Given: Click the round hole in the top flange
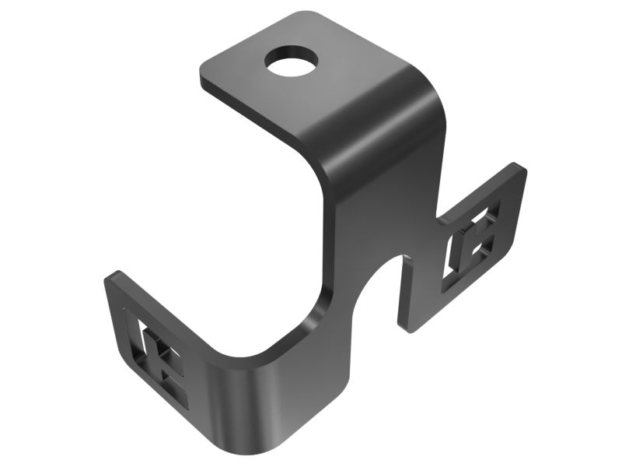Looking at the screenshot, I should pyautogui.click(x=292, y=60).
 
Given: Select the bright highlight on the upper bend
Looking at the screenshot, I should pyautogui.click(x=365, y=117).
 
